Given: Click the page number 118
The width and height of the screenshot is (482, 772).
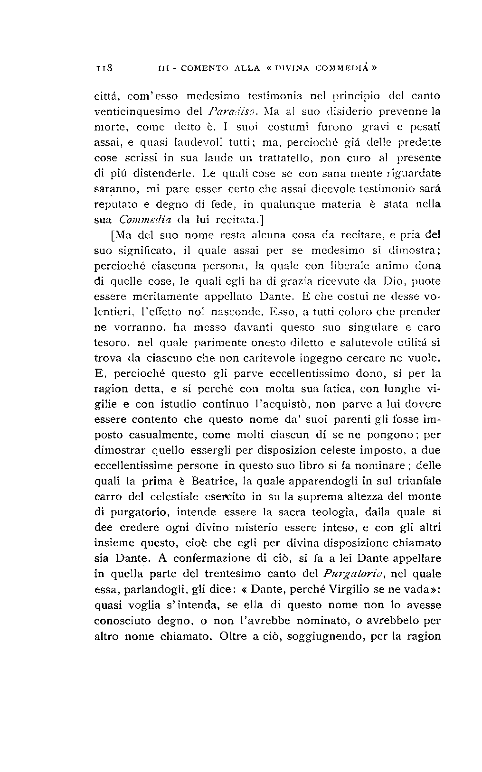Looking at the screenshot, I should click(x=103, y=67).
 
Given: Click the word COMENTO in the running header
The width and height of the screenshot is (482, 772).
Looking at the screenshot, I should click(x=186, y=67).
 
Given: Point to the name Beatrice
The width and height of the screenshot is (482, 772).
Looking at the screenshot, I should click(x=220, y=481).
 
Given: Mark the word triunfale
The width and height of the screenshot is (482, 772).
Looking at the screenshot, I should click(x=418, y=481).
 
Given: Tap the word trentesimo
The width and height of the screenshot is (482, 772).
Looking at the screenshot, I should click(x=246, y=574).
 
